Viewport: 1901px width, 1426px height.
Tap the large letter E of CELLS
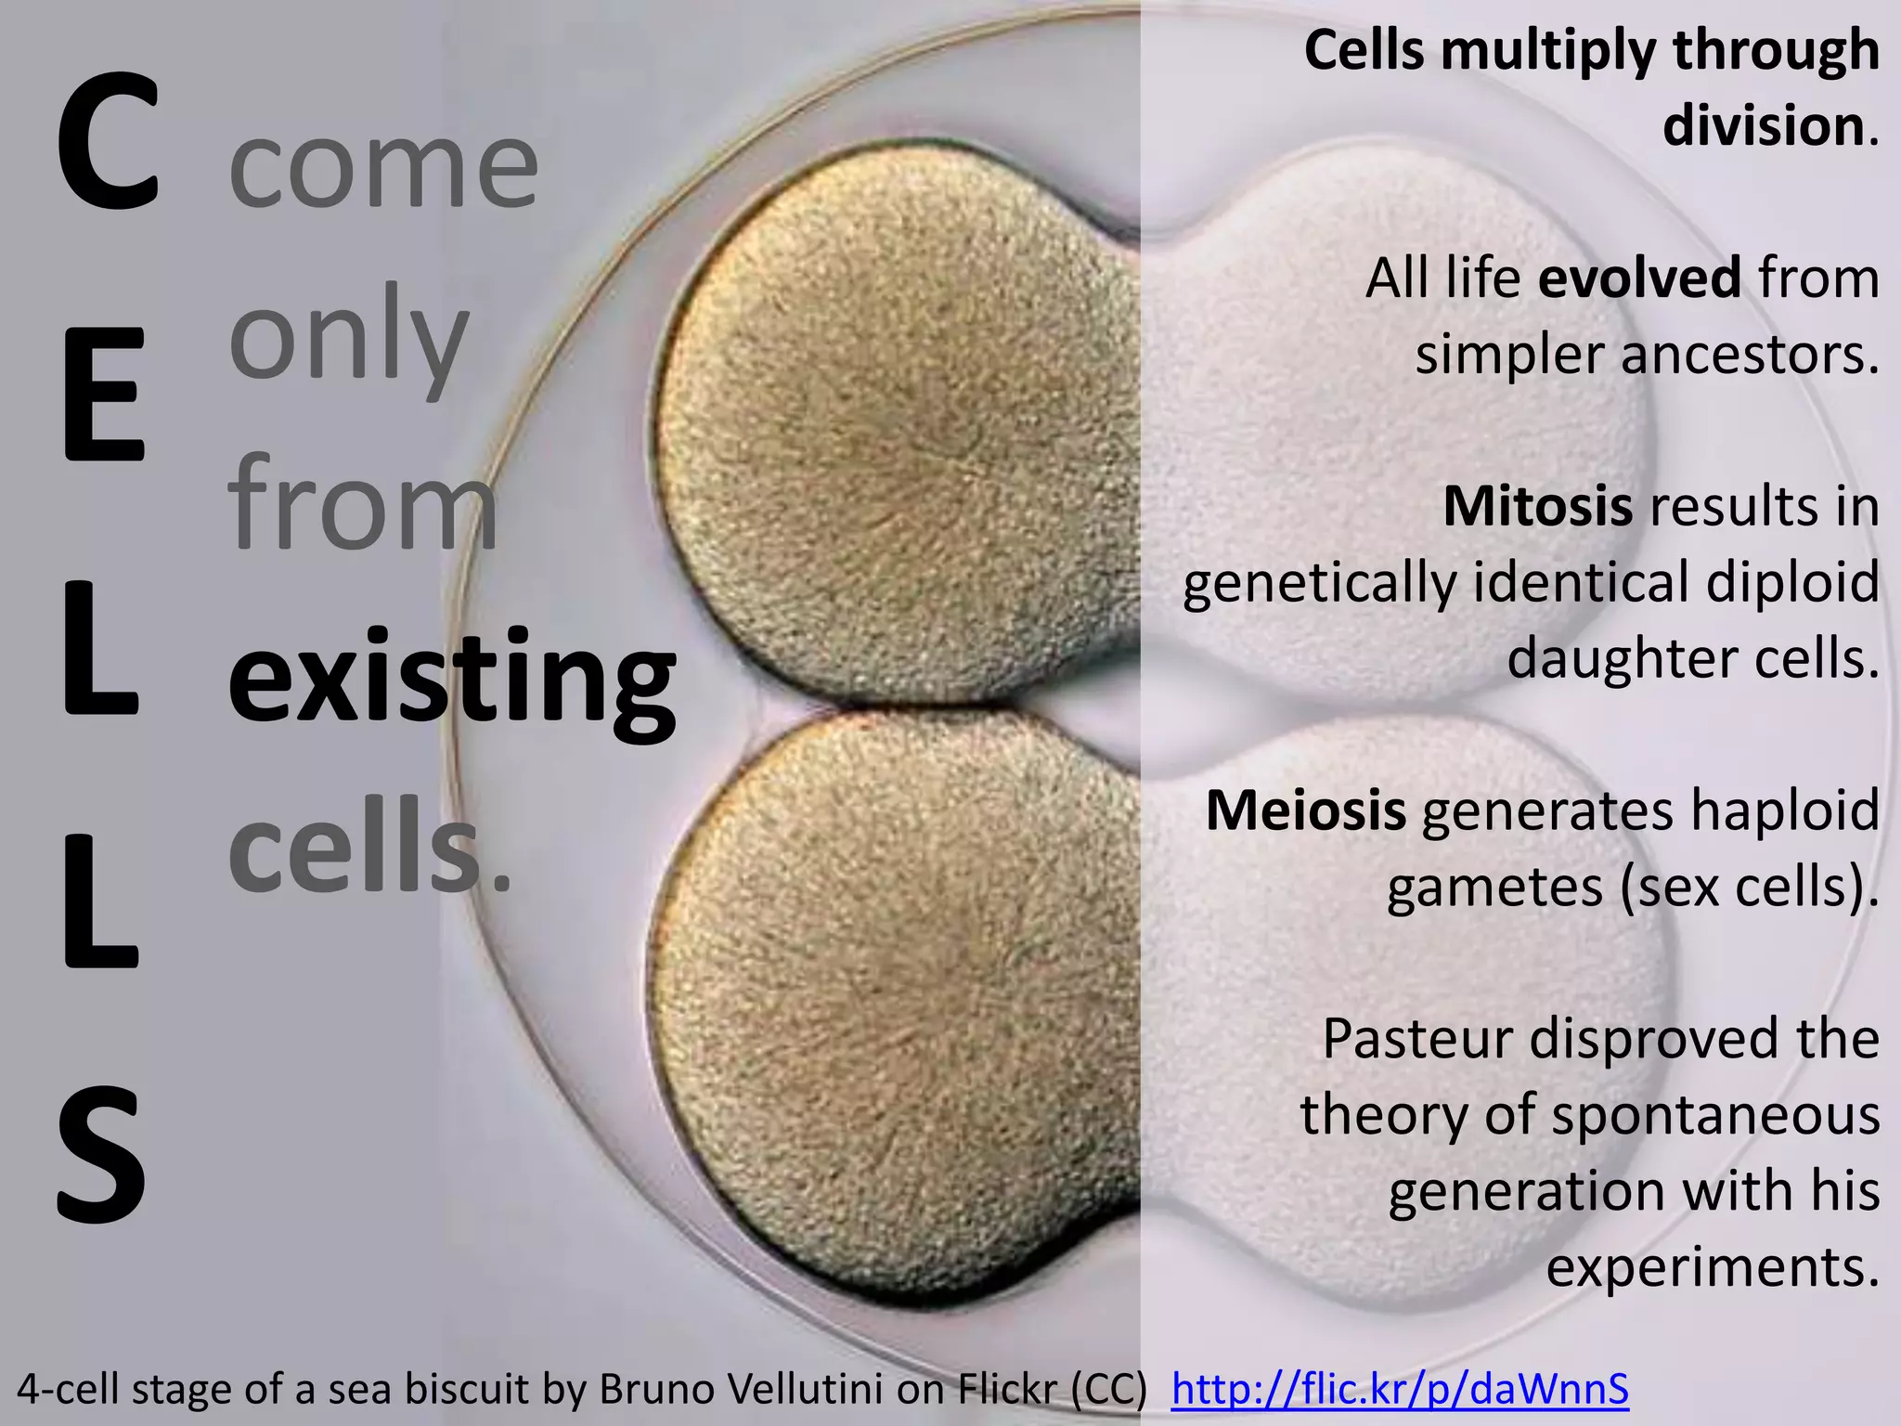[104, 394]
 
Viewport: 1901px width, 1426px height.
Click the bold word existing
[452, 678]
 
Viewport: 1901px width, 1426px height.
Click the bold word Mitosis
[1537, 507]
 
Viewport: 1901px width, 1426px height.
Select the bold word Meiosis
[1305, 810]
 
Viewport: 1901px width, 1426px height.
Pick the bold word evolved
[1639, 279]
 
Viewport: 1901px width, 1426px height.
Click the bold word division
[1763, 126]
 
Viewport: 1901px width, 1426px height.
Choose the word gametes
[1494, 888]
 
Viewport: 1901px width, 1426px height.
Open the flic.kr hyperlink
[1400, 1389]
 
